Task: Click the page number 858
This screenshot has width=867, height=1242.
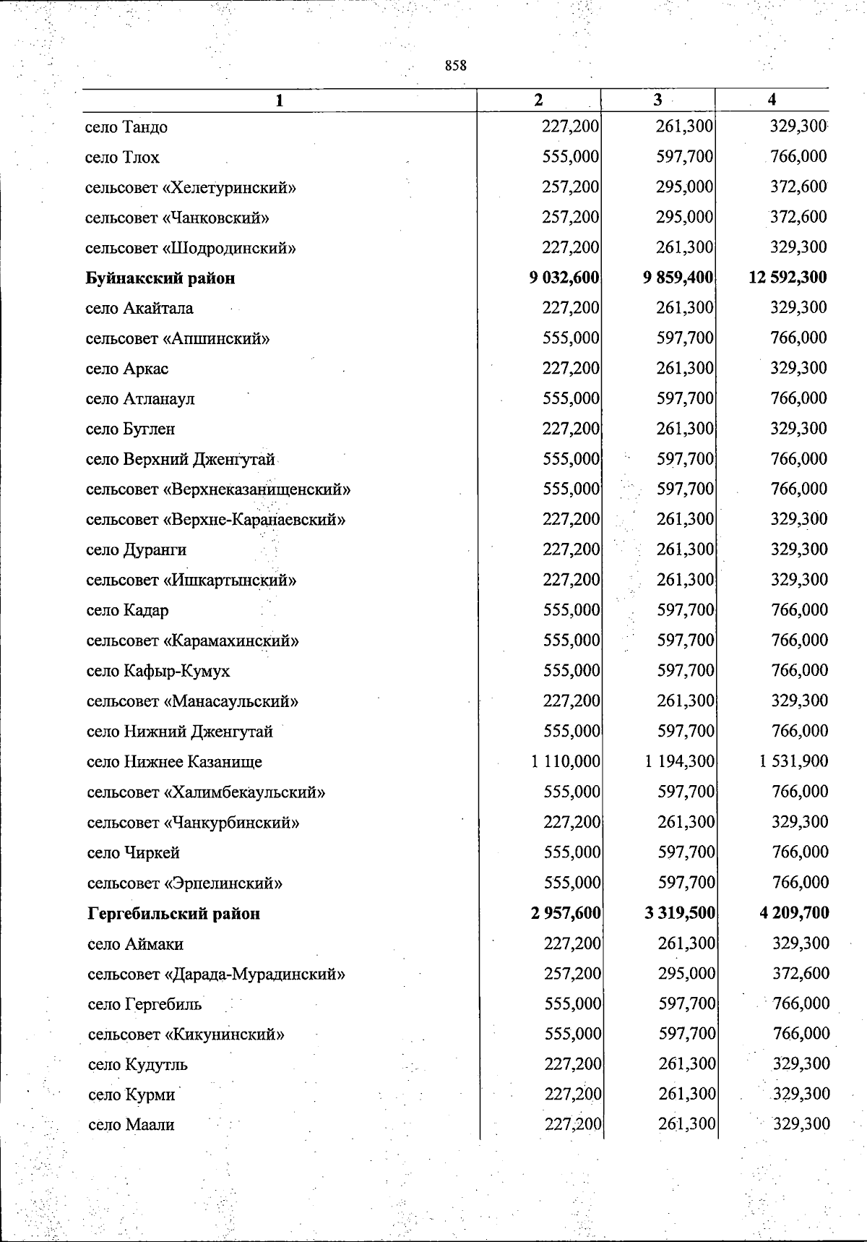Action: (x=456, y=66)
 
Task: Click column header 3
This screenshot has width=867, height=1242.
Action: (x=657, y=100)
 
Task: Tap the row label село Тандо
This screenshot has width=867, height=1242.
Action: (x=126, y=127)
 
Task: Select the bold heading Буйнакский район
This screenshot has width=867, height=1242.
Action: (x=160, y=278)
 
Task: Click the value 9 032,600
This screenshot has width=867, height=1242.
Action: (x=564, y=278)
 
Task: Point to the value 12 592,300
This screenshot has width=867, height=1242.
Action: (x=788, y=278)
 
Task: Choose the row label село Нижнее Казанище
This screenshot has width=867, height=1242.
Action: (x=174, y=762)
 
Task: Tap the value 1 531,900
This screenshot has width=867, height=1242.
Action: (x=793, y=761)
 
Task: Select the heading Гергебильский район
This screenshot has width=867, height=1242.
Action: (x=173, y=914)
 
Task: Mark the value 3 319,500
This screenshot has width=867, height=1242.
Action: (x=679, y=913)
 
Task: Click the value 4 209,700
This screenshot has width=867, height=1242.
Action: (x=794, y=913)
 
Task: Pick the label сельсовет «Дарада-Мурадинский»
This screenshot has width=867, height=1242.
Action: (x=216, y=975)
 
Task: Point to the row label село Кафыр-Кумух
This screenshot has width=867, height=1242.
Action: (x=158, y=672)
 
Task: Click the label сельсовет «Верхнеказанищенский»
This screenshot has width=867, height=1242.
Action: (x=218, y=489)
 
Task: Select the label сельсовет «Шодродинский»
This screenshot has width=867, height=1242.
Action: (x=191, y=249)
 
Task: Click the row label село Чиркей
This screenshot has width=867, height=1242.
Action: (x=133, y=853)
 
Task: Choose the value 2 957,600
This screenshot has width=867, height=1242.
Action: (x=566, y=913)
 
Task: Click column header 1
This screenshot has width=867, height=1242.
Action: (x=279, y=101)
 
